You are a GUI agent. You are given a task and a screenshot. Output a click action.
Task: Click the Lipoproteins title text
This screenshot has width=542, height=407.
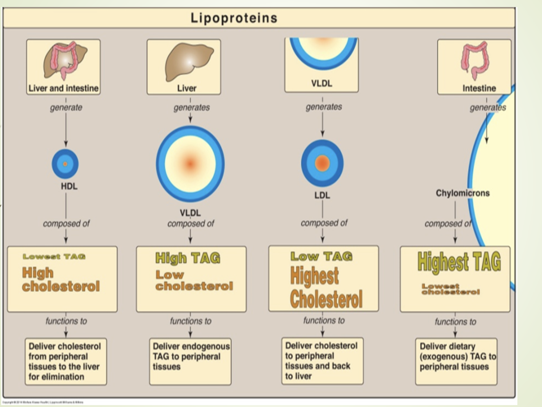(x=234, y=18)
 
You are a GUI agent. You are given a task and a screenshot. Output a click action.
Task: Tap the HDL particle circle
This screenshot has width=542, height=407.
(x=65, y=164)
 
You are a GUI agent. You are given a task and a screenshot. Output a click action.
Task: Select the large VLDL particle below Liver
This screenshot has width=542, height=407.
(x=190, y=164)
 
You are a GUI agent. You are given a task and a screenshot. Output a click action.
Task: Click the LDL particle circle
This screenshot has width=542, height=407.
(x=322, y=163)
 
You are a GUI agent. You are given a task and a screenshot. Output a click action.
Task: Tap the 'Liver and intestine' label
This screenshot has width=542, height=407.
(x=63, y=88)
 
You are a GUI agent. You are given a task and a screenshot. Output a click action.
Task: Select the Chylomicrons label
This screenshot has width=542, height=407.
(x=462, y=193)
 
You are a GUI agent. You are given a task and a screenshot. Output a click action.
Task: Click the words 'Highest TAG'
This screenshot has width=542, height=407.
(x=459, y=261)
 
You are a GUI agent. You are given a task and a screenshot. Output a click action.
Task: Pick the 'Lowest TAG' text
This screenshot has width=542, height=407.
(x=54, y=257)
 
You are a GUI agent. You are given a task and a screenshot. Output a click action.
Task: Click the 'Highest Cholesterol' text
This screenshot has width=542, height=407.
(x=326, y=288)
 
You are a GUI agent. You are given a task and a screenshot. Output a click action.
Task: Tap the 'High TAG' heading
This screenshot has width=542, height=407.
(x=188, y=258)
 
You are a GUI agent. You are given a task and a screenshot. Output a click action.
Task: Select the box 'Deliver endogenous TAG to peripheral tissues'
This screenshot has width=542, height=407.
(x=190, y=361)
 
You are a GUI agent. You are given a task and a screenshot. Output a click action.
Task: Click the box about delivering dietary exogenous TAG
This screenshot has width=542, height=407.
(x=456, y=361)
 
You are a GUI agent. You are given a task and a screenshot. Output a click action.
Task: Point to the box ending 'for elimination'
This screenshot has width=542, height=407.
(x=66, y=361)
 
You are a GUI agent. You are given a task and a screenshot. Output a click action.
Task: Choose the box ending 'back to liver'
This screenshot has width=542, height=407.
(x=322, y=361)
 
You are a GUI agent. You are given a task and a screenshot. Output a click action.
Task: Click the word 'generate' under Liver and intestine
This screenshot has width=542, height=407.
(x=66, y=107)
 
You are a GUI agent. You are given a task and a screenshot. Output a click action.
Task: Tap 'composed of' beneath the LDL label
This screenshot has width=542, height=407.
(x=324, y=223)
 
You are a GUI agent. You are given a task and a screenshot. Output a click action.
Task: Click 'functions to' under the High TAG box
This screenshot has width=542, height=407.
(x=190, y=321)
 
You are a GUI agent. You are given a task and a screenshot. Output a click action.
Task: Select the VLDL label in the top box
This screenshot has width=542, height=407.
(x=321, y=83)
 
